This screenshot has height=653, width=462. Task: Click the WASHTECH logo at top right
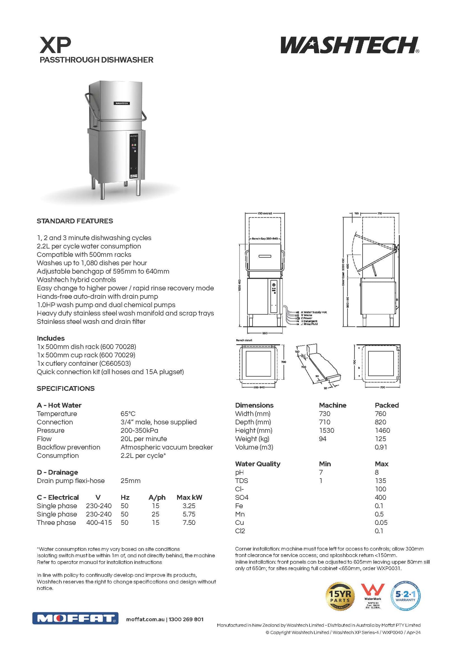pyautogui.click(x=349, y=45)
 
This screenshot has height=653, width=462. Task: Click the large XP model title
pyautogui.click(x=55, y=45)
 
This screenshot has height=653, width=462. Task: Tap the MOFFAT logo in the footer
pyautogui.click(x=75, y=618)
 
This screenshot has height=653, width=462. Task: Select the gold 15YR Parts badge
pyautogui.click(x=340, y=596)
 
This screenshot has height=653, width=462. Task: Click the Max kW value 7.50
pyautogui.click(x=189, y=523)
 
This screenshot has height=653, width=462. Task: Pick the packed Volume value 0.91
pyautogui.click(x=381, y=447)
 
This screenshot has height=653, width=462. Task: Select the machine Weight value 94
pyautogui.click(x=323, y=439)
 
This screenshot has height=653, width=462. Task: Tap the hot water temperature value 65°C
pyautogui.click(x=128, y=414)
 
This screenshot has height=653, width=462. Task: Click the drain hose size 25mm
pyautogui.click(x=130, y=481)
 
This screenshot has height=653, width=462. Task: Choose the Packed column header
pyautogui.click(x=387, y=405)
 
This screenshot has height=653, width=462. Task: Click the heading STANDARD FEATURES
pyautogui.click(x=75, y=221)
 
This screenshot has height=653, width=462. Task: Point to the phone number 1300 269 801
pyautogui.click(x=186, y=619)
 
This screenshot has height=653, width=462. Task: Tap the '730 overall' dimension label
pyautogui.click(x=265, y=213)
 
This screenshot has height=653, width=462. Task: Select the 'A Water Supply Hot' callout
pyautogui.click(x=313, y=312)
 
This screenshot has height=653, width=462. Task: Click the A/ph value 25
pyautogui.click(x=155, y=514)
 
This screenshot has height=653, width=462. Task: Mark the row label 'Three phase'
pyautogui.click(x=56, y=523)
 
